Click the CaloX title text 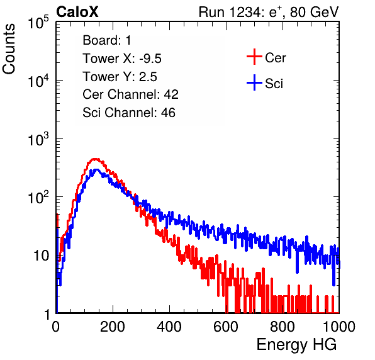point(77,12)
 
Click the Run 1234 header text point(269,12)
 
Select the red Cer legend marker point(254,57)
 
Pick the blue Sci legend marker point(254,82)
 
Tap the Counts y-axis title point(9,49)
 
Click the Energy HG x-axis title point(296,345)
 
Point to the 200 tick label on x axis point(113,327)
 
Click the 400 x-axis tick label point(169,327)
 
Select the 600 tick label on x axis point(226,327)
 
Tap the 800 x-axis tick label point(283,327)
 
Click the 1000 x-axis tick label point(339,327)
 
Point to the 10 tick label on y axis point(41,256)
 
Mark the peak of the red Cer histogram point(95,159)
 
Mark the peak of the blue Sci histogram point(96,169)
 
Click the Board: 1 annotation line point(107,40)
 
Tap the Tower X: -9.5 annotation point(122,59)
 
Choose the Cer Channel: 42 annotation point(131,94)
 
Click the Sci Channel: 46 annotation point(129,113)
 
